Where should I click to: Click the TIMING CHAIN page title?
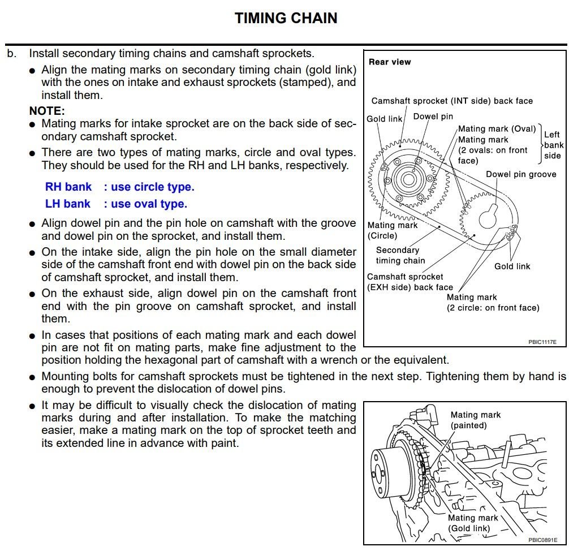(x=286, y=18)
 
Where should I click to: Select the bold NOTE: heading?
(x=47, y=111)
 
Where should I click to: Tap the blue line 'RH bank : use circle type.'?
(x=119, y=187)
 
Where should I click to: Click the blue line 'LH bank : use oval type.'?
(x=116, y=204)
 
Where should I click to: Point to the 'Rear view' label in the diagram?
(x=390, y=62)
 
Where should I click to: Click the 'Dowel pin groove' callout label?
(x=521, y=174)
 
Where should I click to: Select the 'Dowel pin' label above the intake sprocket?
(x=433, y=117)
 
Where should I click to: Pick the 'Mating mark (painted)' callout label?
(x=476, y=420)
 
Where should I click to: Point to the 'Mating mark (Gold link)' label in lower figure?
(x=473, y=523)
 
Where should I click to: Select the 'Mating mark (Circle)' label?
(x=392, y=230)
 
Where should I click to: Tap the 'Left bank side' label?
(x=553, y=145)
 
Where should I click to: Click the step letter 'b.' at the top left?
(x=12, y=54)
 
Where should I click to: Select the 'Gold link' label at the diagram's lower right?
(x=512, y=266)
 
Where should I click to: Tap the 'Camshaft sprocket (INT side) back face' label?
(x=452, y=101)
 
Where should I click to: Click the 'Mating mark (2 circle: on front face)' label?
(x=493, y=303)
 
